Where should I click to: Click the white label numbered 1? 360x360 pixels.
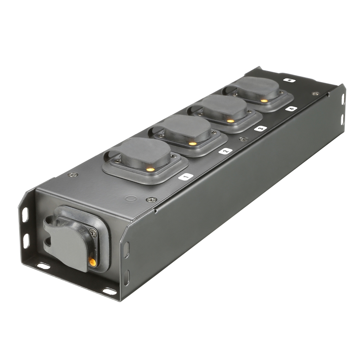pyautogui.click(x=186, y=176)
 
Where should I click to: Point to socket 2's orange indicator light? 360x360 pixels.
pyautogui.click(x=193, y=144)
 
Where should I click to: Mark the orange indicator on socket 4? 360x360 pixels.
pyautogui.click(x=265, y=101)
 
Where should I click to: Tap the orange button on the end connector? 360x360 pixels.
pyautogui.click(x=93, y=262)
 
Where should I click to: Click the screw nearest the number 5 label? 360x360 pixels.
pyautogui.click(x=315, y=94)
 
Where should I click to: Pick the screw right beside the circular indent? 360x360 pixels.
pyautogui.click(x=151, y=199)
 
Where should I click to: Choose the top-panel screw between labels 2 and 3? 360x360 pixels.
pyautogui.click(x=244, y=139)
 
